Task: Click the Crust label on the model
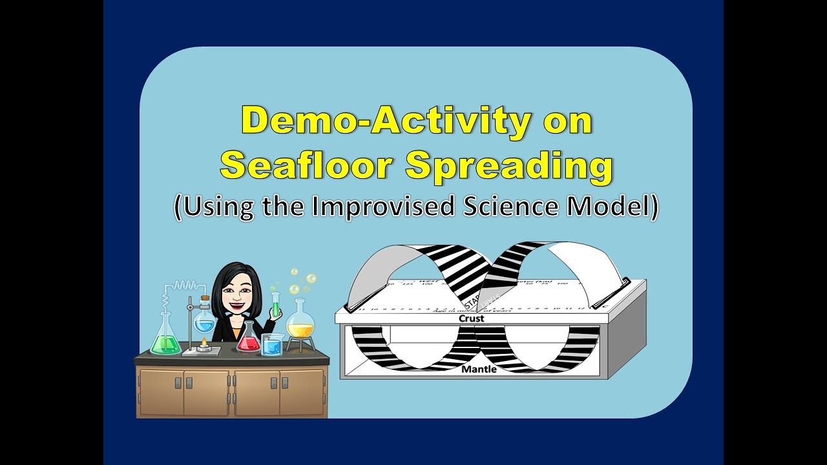tap(471, 318)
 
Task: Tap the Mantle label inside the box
tap(479, 369)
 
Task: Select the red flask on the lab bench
tap(248, 340)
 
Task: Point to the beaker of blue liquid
tap(272, 346)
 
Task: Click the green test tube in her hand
tap(276, 304)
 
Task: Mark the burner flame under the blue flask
tap(204, 340)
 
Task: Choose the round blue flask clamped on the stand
tap(204, 320)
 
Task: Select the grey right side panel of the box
tap(625, 336)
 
